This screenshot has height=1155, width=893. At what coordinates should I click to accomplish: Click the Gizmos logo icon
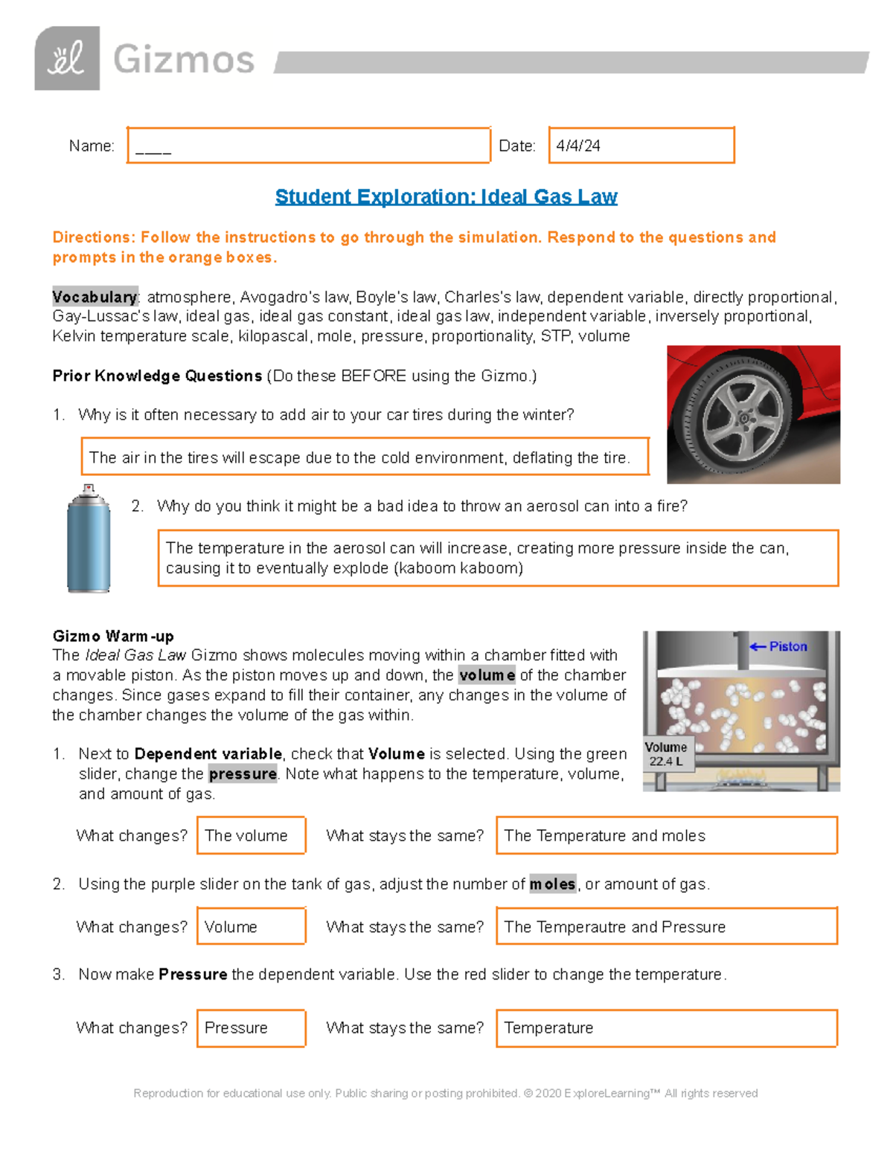67,59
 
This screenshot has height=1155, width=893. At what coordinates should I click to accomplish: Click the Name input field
308,146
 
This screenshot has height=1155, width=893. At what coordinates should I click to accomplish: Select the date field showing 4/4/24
641,146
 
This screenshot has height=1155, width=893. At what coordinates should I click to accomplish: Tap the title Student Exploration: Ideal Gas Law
446,197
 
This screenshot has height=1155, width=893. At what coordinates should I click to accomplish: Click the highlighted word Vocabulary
95,297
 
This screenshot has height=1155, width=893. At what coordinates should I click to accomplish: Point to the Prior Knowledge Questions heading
157,376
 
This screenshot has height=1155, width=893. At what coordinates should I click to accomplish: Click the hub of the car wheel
743,418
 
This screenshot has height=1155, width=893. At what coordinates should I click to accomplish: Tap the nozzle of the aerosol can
89,489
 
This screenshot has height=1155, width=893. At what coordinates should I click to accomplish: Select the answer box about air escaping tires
365,457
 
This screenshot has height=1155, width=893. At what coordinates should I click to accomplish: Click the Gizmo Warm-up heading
113,636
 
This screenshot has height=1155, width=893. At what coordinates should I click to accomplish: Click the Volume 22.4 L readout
666,753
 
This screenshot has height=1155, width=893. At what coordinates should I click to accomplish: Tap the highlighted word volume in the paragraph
487,675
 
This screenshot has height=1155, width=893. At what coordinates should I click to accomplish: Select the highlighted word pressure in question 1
243,773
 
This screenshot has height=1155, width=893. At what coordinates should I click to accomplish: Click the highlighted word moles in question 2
552,884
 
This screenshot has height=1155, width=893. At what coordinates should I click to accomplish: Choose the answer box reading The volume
251,836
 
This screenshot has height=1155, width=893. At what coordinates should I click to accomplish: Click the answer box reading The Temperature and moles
666,836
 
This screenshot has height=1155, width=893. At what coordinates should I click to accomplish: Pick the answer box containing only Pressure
251,1028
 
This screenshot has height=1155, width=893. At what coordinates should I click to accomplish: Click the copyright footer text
445,1093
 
